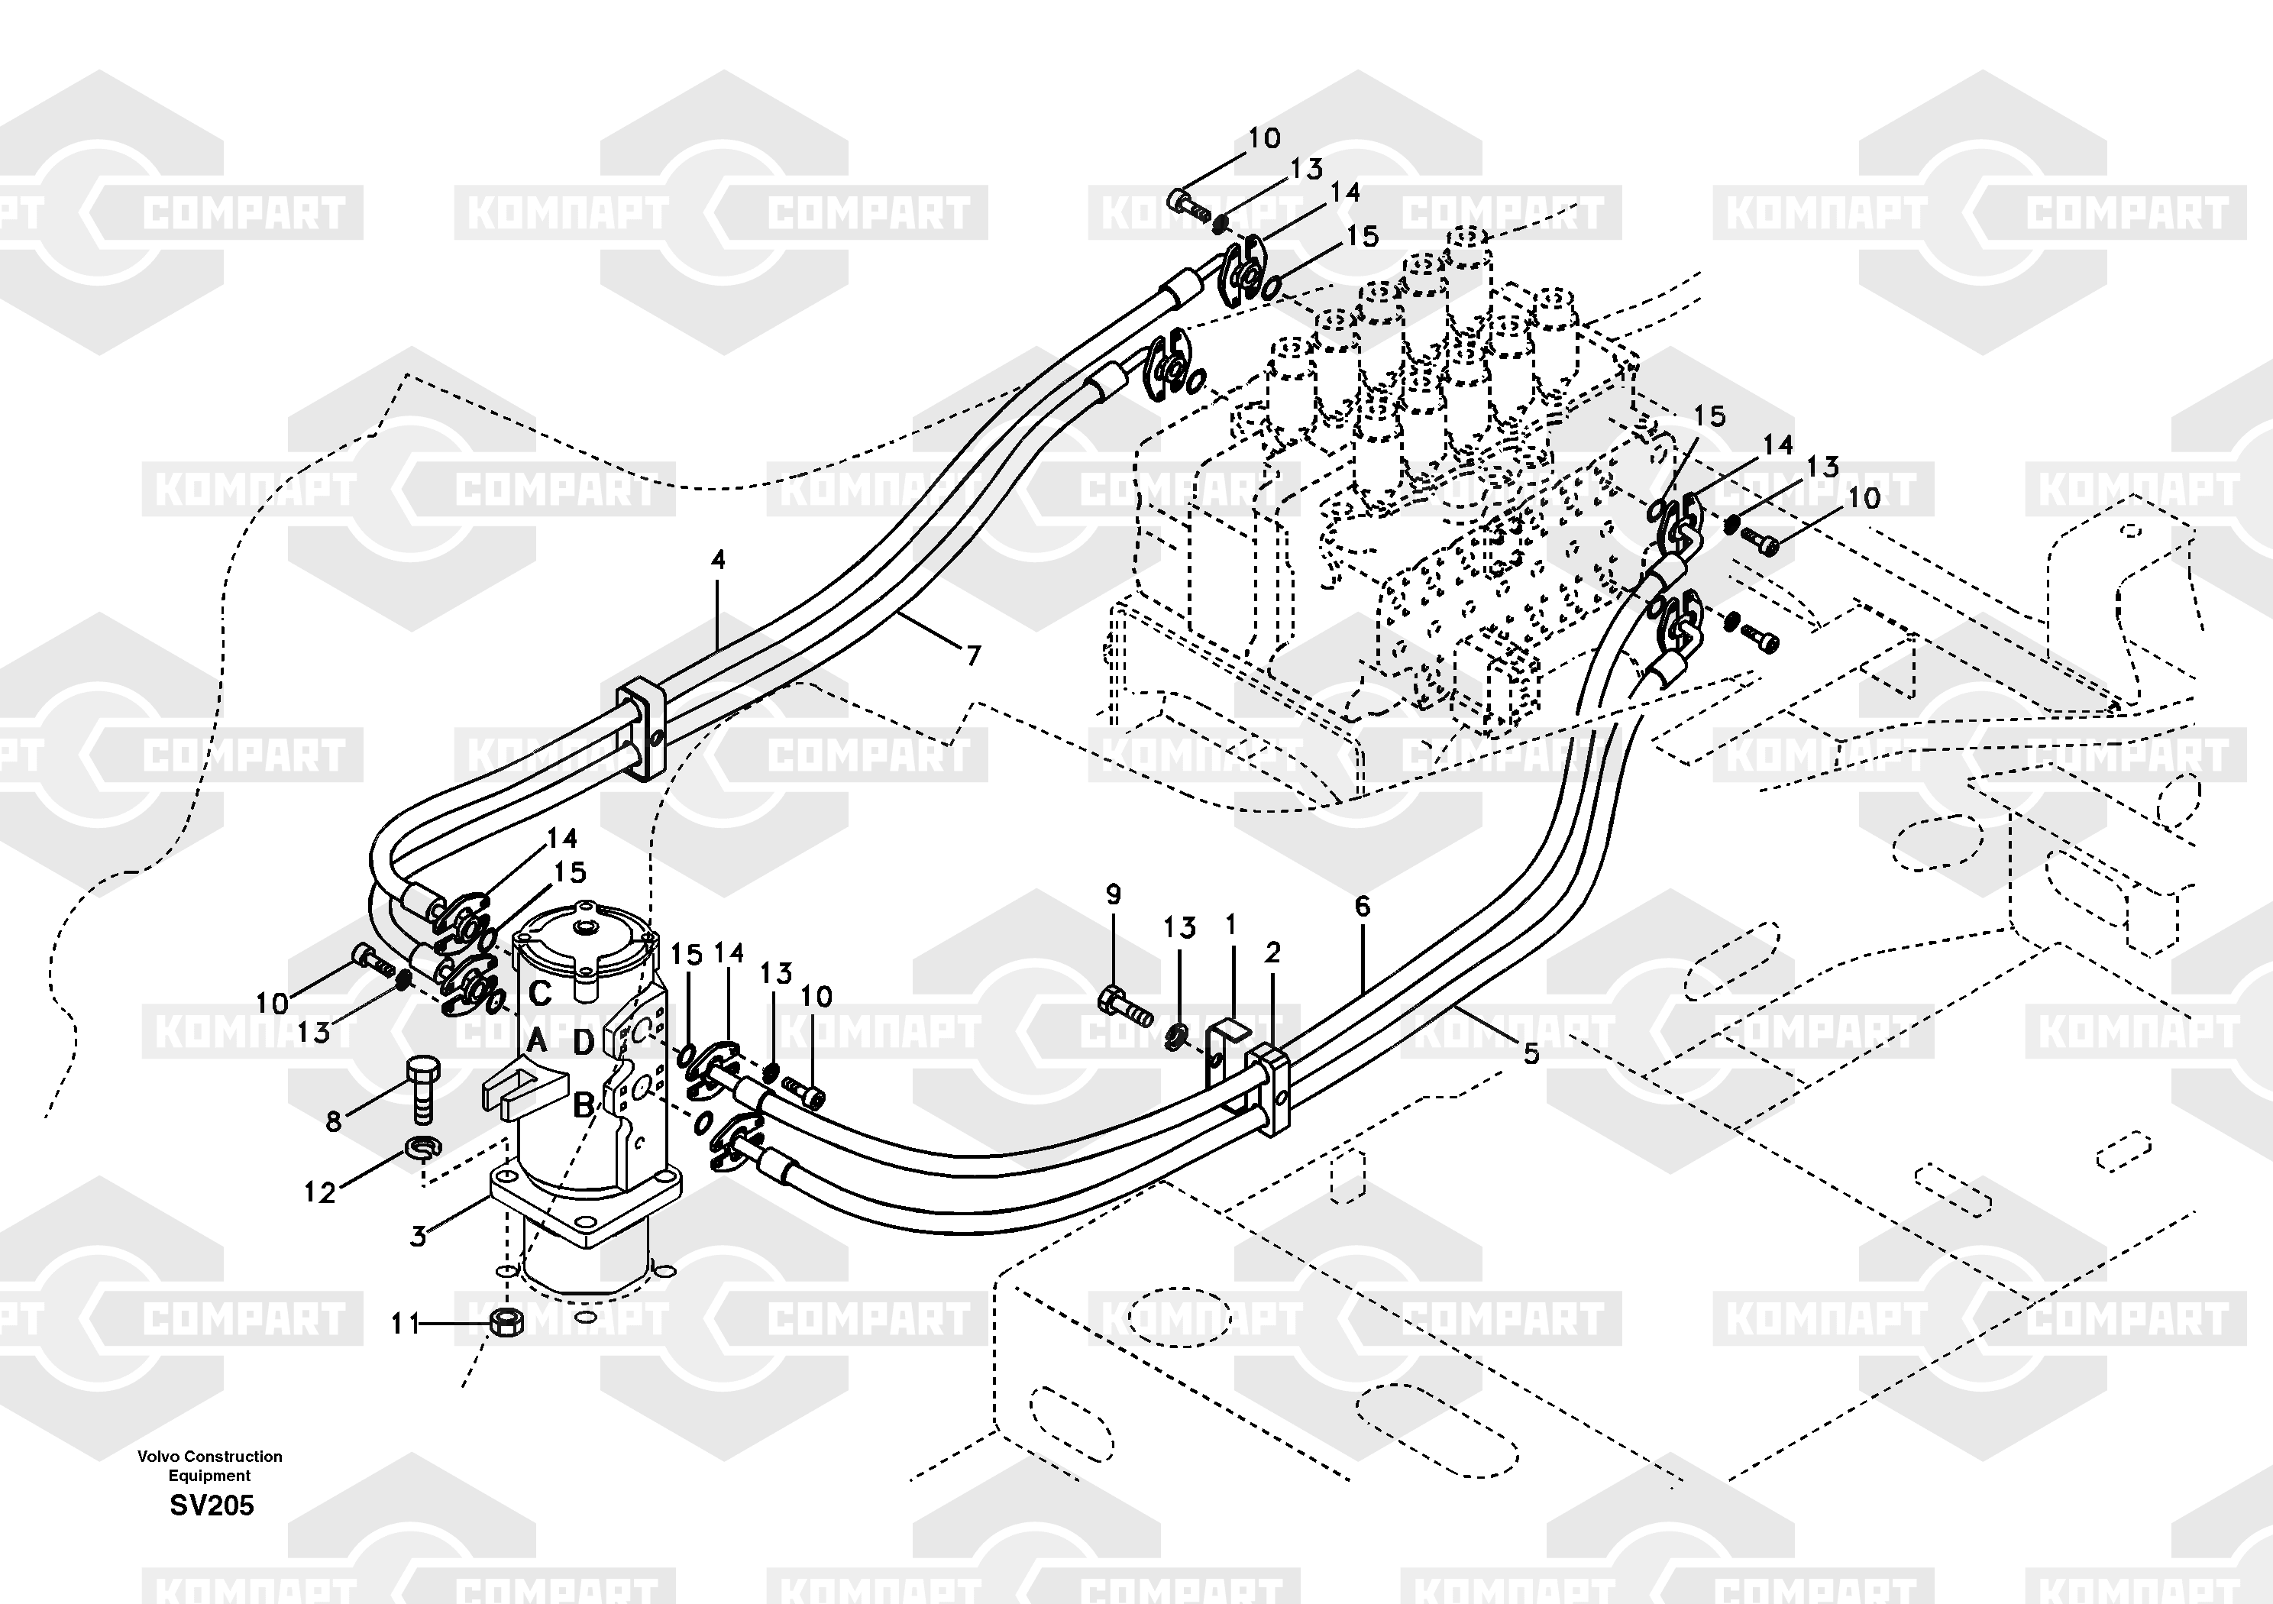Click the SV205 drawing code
[x=211, y=1506]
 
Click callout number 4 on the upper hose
[x=718, y=561]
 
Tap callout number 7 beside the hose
[x=973, y=655]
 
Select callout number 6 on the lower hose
[x=1363, y=906]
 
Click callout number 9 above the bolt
[x=1114, y=895]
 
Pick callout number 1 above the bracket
[x=1230, y=925]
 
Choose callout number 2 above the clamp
[x=1272, y=952]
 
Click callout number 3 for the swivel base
[x=419, y=1237]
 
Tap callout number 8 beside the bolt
[x=334, y=1122]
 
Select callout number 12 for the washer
[x=318, y=1192]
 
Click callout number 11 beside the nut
[x=405, y=1324]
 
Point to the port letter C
[x=539, y=993]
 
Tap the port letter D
[x=584, y=1042]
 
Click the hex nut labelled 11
[x=507, y=1322]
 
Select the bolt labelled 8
[x=422, y=1089]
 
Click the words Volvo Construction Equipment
[x=210, y=1466]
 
